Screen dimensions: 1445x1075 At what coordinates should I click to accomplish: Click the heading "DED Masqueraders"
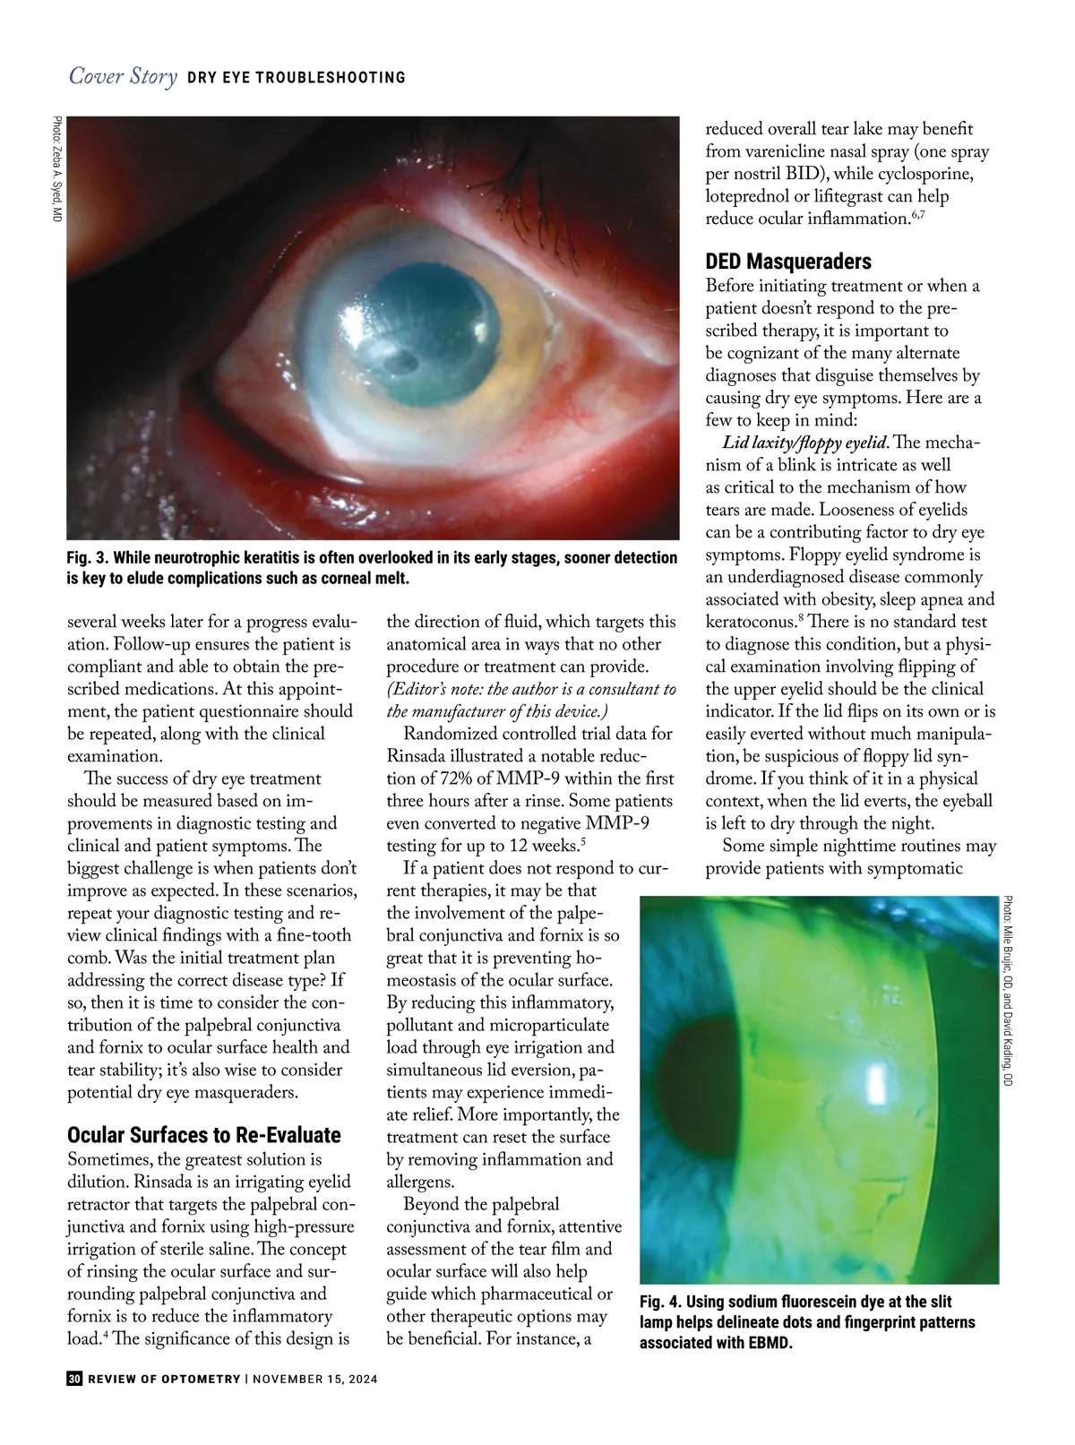coord(788,262)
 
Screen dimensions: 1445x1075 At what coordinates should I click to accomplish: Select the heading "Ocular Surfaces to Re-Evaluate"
coord(204,1135)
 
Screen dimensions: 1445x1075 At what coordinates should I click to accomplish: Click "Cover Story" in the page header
coord(123,77)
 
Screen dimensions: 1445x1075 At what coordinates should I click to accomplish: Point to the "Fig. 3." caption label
coord(88,558)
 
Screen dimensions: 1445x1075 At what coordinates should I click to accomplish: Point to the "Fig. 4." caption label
coord(661,1302)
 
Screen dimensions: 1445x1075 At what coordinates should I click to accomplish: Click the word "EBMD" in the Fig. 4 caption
coord(770,1343)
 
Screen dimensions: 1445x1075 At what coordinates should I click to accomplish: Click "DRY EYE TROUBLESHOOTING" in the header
coord(297,78)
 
